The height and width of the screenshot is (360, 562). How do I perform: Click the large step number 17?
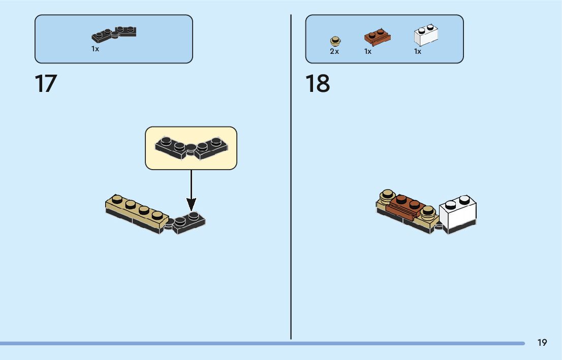(x=46, y=84)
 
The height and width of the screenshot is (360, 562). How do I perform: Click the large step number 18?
(x=318, y=84)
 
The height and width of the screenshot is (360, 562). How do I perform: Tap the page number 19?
(x=542, y=343)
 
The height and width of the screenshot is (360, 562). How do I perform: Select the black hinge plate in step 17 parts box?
(x=114, y=34)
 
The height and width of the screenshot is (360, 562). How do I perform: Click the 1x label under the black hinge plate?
(x=95, y=49)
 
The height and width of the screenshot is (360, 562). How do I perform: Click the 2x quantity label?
(x=334, y=52)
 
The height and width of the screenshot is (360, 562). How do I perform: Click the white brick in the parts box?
(x=426, y=36)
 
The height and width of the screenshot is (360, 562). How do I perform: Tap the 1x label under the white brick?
(x=418, y=52)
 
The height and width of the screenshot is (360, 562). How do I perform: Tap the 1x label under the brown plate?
(x=368, y=52)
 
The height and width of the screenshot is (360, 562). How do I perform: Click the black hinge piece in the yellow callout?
(x=191, y=148)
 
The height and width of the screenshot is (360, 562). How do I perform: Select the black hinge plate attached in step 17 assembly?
(x=189, y=222)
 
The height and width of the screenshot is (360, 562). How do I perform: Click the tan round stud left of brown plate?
(x=388, y=196)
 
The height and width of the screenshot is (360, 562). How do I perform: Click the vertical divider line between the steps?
(x=291, y=178)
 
